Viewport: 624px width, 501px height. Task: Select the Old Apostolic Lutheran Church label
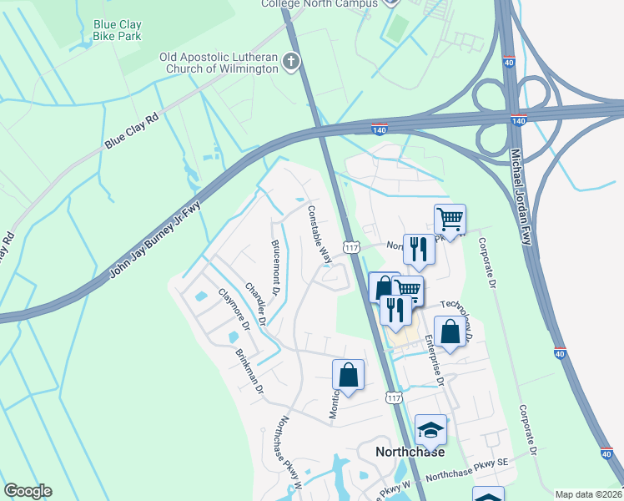point(219,63)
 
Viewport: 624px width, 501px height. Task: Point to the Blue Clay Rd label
point(132,133)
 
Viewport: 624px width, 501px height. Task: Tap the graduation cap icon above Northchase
point(430,429)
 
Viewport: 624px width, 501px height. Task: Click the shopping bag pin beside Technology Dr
point(450,330)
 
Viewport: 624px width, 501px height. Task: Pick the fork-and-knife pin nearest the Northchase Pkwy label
point(418,248)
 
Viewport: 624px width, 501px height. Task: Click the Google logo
point(28,490)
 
